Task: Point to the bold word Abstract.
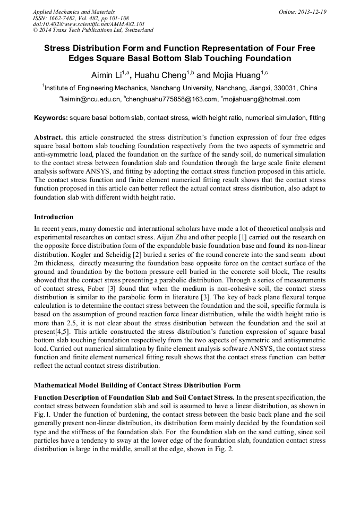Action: pos(48,136)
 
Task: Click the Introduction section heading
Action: pos(54,217)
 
